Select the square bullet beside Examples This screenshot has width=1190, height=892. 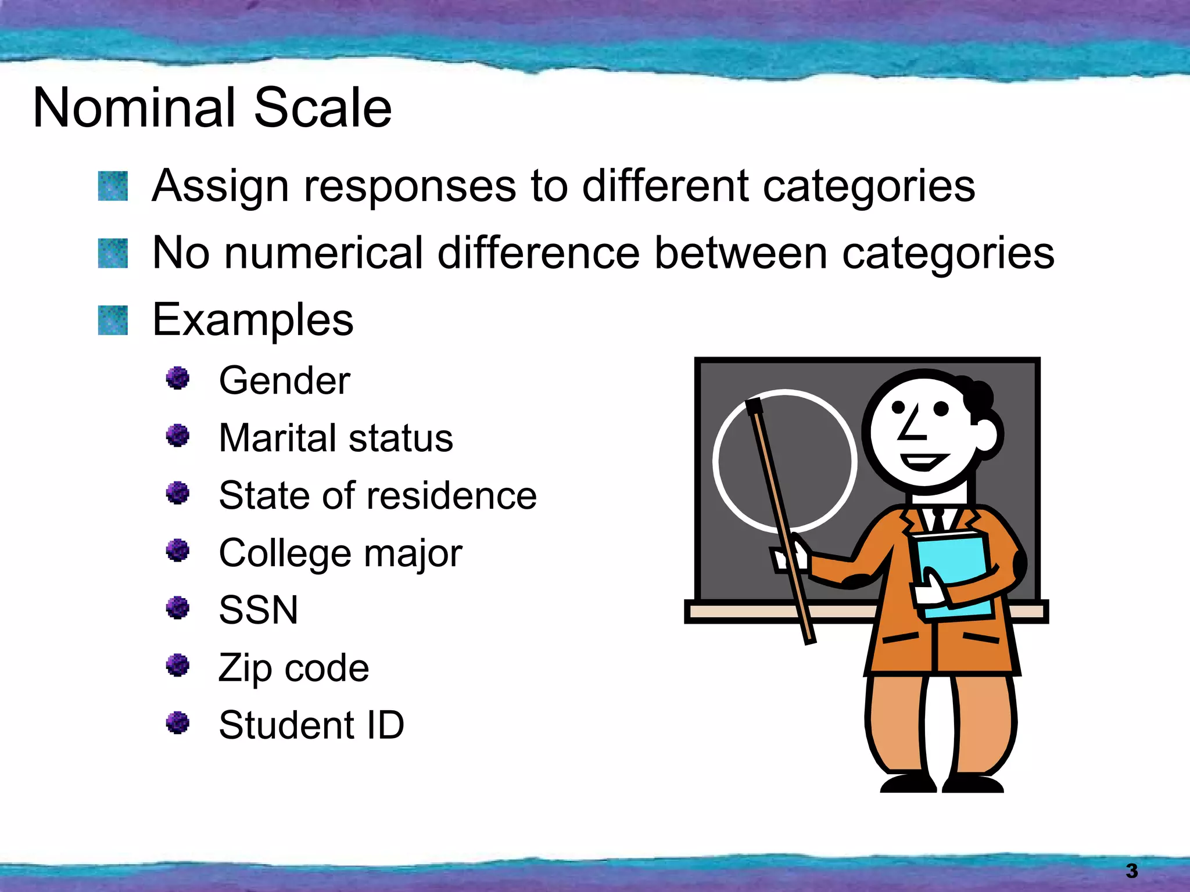(x=113, y=321)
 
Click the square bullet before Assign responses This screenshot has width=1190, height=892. (x=113, y=186)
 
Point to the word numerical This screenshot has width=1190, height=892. (x=324, y=253)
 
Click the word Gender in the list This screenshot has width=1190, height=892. (x=284, y=381)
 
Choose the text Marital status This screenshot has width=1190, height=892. (x=335, y=438)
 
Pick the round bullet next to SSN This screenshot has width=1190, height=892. (x=178, y=608)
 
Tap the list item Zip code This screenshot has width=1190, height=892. (x=293, y=668)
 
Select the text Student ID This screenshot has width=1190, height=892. (x=311, y=725)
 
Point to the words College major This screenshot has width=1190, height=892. (x=340, y=553)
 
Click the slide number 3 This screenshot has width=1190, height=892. (x=1131, y=871)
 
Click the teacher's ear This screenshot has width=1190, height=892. (x=988, y=436)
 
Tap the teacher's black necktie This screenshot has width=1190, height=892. (x=938, y=520)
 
